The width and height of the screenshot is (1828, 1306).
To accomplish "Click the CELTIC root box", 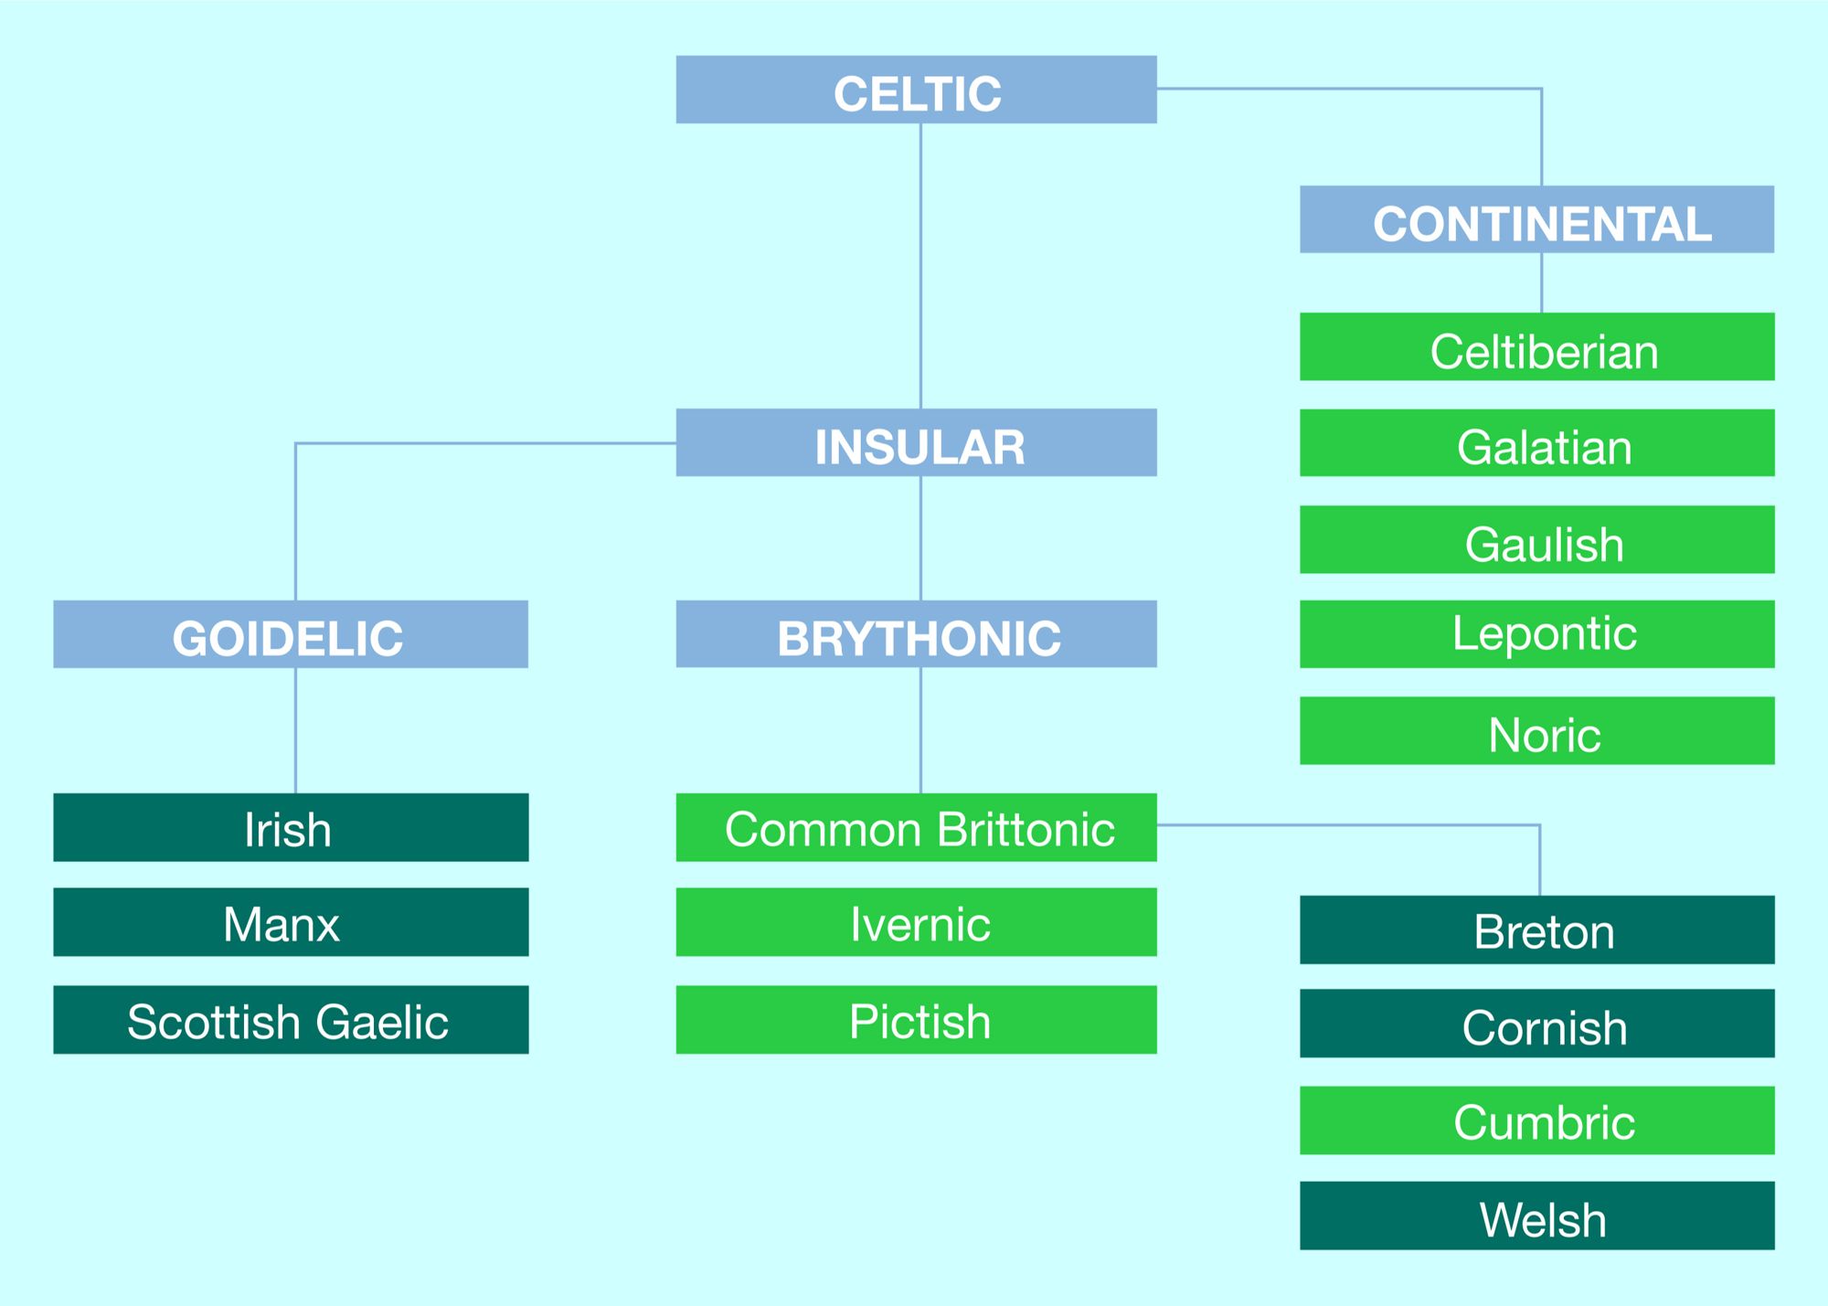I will [916, 90].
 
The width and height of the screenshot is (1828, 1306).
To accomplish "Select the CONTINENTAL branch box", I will [1536, 219].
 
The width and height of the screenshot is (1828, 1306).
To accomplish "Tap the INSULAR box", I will [916, 442].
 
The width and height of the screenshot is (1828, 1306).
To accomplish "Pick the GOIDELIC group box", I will [291, 634].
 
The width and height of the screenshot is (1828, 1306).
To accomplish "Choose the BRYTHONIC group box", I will [916, 634].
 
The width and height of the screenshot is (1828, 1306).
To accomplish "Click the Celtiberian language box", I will [1536, 347].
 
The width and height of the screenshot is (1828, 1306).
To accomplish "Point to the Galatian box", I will [1536, 443].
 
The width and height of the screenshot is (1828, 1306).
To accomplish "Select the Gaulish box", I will [1536, 540].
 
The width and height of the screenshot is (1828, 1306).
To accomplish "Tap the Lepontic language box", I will [1536, 634].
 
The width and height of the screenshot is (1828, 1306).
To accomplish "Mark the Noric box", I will [1536, 731].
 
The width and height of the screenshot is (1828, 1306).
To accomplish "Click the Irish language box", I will [291, 827].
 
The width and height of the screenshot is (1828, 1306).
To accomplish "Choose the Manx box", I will [291, 922].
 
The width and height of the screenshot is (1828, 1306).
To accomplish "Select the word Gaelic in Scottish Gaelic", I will [383, 1022].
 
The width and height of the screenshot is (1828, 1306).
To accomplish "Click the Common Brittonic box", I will [916, 827].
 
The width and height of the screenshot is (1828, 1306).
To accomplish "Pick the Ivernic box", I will [916, 922].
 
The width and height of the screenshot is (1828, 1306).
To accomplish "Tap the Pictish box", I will [916, 1020].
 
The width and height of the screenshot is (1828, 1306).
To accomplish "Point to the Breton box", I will [1536, 929].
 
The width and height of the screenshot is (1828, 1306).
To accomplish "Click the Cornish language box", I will [1536, 1024].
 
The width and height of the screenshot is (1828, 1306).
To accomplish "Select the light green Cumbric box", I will [1536, 1120].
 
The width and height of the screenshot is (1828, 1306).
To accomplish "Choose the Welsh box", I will [1536, 1216].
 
